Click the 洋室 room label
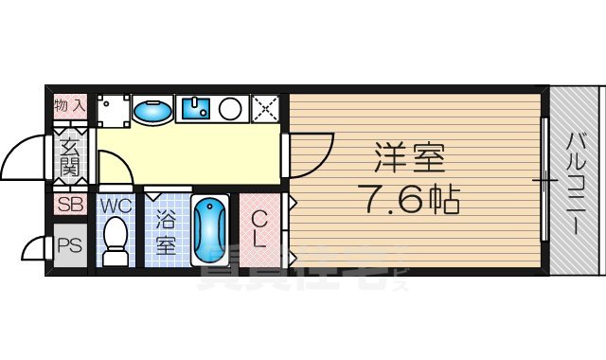408,155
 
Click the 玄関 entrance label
70,155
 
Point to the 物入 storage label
71,105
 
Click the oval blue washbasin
151,111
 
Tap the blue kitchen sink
196,110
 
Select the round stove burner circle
231,109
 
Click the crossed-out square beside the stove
265,109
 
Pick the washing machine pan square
113,110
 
